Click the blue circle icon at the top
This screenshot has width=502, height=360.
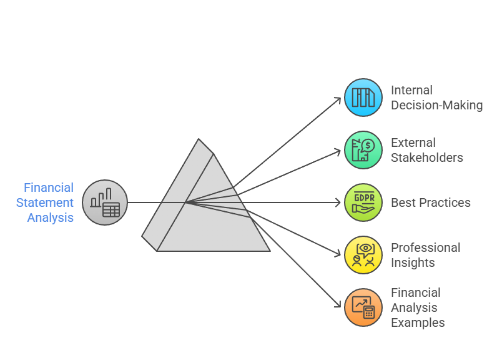363,97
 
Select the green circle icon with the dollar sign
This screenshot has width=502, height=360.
363,150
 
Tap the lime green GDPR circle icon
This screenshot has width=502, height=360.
363,202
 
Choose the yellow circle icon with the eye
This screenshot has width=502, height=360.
363,255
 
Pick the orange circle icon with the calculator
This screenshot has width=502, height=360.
363,307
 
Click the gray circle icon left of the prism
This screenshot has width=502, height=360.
105,202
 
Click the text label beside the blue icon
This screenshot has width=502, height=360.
436,98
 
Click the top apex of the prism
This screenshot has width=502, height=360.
199,139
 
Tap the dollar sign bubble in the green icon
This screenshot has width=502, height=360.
368,146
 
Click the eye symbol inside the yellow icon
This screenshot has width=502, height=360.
365,249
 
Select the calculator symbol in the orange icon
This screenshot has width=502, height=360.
369,312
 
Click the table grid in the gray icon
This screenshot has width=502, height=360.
111,210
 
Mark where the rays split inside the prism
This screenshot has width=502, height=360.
186,202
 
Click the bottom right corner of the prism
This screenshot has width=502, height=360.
269,251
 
